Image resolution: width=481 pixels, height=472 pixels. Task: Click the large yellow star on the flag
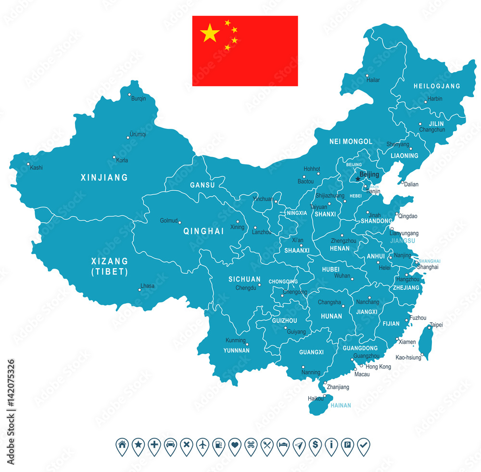pyautogui.click(x=210, y=33)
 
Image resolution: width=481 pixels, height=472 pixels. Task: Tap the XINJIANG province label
pyautogui.click(x=104, y=177)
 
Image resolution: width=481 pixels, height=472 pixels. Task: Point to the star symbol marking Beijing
pyautogui.click(x=357, y=179)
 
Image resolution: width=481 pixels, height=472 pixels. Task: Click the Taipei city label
pyautogui.click(x=436, y=325)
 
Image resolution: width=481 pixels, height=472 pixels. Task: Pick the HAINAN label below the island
pyautogui.click(x=340, y=405)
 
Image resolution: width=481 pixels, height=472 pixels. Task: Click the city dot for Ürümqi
pyautogui.click(x=128, y=137)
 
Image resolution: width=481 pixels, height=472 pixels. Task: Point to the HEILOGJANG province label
pyautogui.click(x=437, y=86)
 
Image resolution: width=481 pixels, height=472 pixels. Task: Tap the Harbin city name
pyautogui.click(x=435, y=99)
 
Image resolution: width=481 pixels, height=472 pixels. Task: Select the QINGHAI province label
pyautogui.click(x=203, y=231)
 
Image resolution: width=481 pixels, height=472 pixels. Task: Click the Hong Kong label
pyautogui.click(x=378, y=366)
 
